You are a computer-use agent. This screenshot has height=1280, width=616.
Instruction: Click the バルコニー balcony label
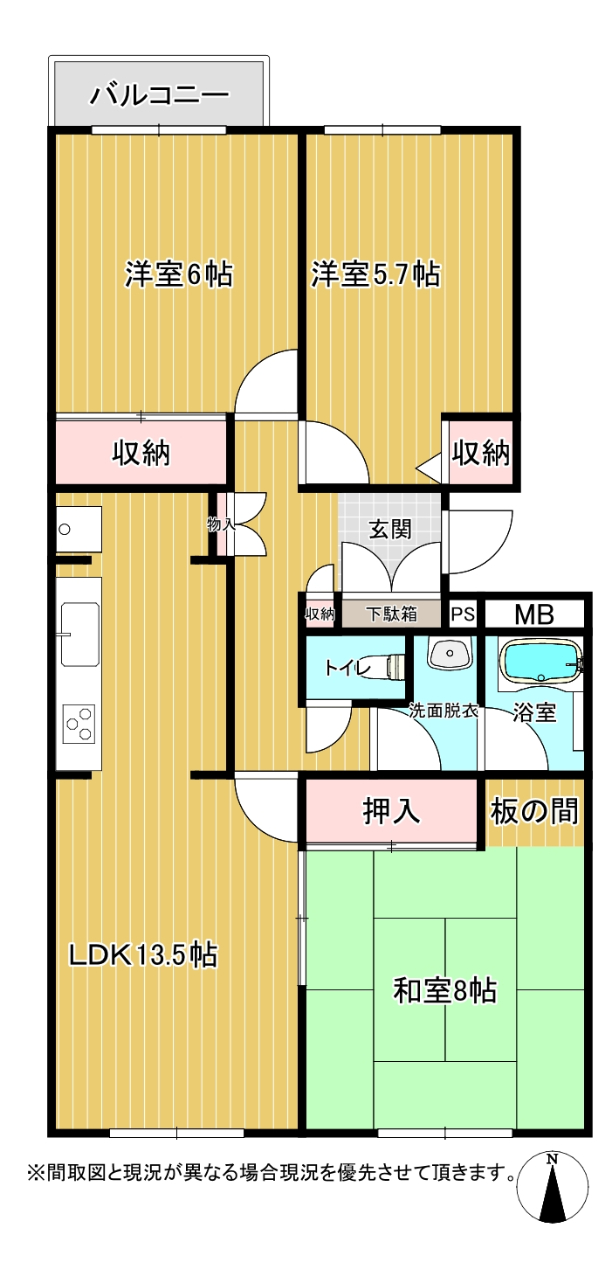pyautogui.click(x=159, y=95)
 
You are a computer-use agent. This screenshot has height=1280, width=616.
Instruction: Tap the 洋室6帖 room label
pyautogui.click(x=179, y=274)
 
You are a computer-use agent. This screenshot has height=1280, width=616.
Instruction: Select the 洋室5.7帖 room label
pyautogui.click(x=375, y=274)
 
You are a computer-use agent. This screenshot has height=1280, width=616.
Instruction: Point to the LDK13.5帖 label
pyautogui.click(x=143, y=954)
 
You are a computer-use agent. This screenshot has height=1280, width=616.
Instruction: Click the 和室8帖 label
pyautogui.click(x=445, y=990)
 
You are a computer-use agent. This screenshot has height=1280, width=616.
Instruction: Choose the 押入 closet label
pyautogui.click(x=391, y=810)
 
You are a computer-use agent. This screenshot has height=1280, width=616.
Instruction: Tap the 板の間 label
pyautogui.click(x=534, y=811)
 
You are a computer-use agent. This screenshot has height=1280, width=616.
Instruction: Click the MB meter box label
pyautogui.click(x=534, y=614)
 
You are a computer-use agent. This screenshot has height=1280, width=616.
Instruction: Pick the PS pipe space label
pyautogui.click(x=463, y=614)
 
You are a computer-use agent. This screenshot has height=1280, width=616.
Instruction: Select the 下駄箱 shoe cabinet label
pyautogui.click(x=391, y=614)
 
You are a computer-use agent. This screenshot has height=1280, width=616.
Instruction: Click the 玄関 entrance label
pyautogui.click(x=390, y=529)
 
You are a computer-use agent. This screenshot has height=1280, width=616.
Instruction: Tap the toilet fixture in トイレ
pyautogui.click(x=395, y=667)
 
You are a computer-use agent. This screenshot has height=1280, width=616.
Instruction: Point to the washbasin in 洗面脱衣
pyautogui.click(x=450, y=652)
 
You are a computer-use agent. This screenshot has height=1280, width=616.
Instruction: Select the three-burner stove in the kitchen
pyautogui.click(x=79, y=724)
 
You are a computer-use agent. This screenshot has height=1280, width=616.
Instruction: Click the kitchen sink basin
pyautogui.click(x=79, y=634)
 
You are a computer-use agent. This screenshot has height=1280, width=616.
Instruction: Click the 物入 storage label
pyautogui.click(x=221, y=523)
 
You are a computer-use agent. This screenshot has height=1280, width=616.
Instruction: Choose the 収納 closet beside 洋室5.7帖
pyautogui.click(x=481, y=453)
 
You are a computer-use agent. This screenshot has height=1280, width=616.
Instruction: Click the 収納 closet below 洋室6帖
pyautogui.click(x=141, y=453)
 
